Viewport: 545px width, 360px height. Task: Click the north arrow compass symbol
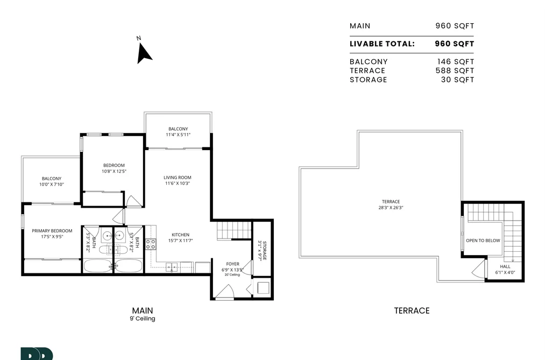pyautogui.click(x=144, y=53)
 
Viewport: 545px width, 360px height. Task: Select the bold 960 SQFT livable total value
pyautogui.click(x=454, y=44)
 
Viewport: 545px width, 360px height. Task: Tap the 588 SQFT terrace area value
pyautogui.click(x=455, y=70)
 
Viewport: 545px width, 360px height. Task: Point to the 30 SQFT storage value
pyautogui.click(x=457, y=80)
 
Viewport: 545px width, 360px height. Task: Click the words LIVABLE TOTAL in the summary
pyautogui.click(x=382, y=44)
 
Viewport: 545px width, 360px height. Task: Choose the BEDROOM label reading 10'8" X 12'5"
pyautogui.click(x=114, y=168)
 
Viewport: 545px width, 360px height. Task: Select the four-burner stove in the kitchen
pyautogui.click(x=151, y=244)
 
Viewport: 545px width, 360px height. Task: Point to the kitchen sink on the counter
pyautogui.click(x=172, y=267)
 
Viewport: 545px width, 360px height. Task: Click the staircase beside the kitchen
pyautogui.click(x=234, y=230)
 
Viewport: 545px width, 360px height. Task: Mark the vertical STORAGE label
pyautogui.click(x=262, y=251)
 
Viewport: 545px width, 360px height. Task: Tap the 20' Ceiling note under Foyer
pyautogui.click(x=232, y=275)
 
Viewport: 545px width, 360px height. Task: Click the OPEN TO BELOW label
pyautogui.click(x=483, y=241)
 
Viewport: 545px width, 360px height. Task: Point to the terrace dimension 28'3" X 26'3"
pyautogui.click(x=391, y=208)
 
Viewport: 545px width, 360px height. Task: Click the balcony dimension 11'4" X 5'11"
pyautogui.click(x=178, y=135)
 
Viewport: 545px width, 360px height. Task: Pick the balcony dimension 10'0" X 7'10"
pyautogui.click(x=52, y=185)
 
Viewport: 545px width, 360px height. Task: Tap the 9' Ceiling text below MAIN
pyautogui.click(x=143, y=319)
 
